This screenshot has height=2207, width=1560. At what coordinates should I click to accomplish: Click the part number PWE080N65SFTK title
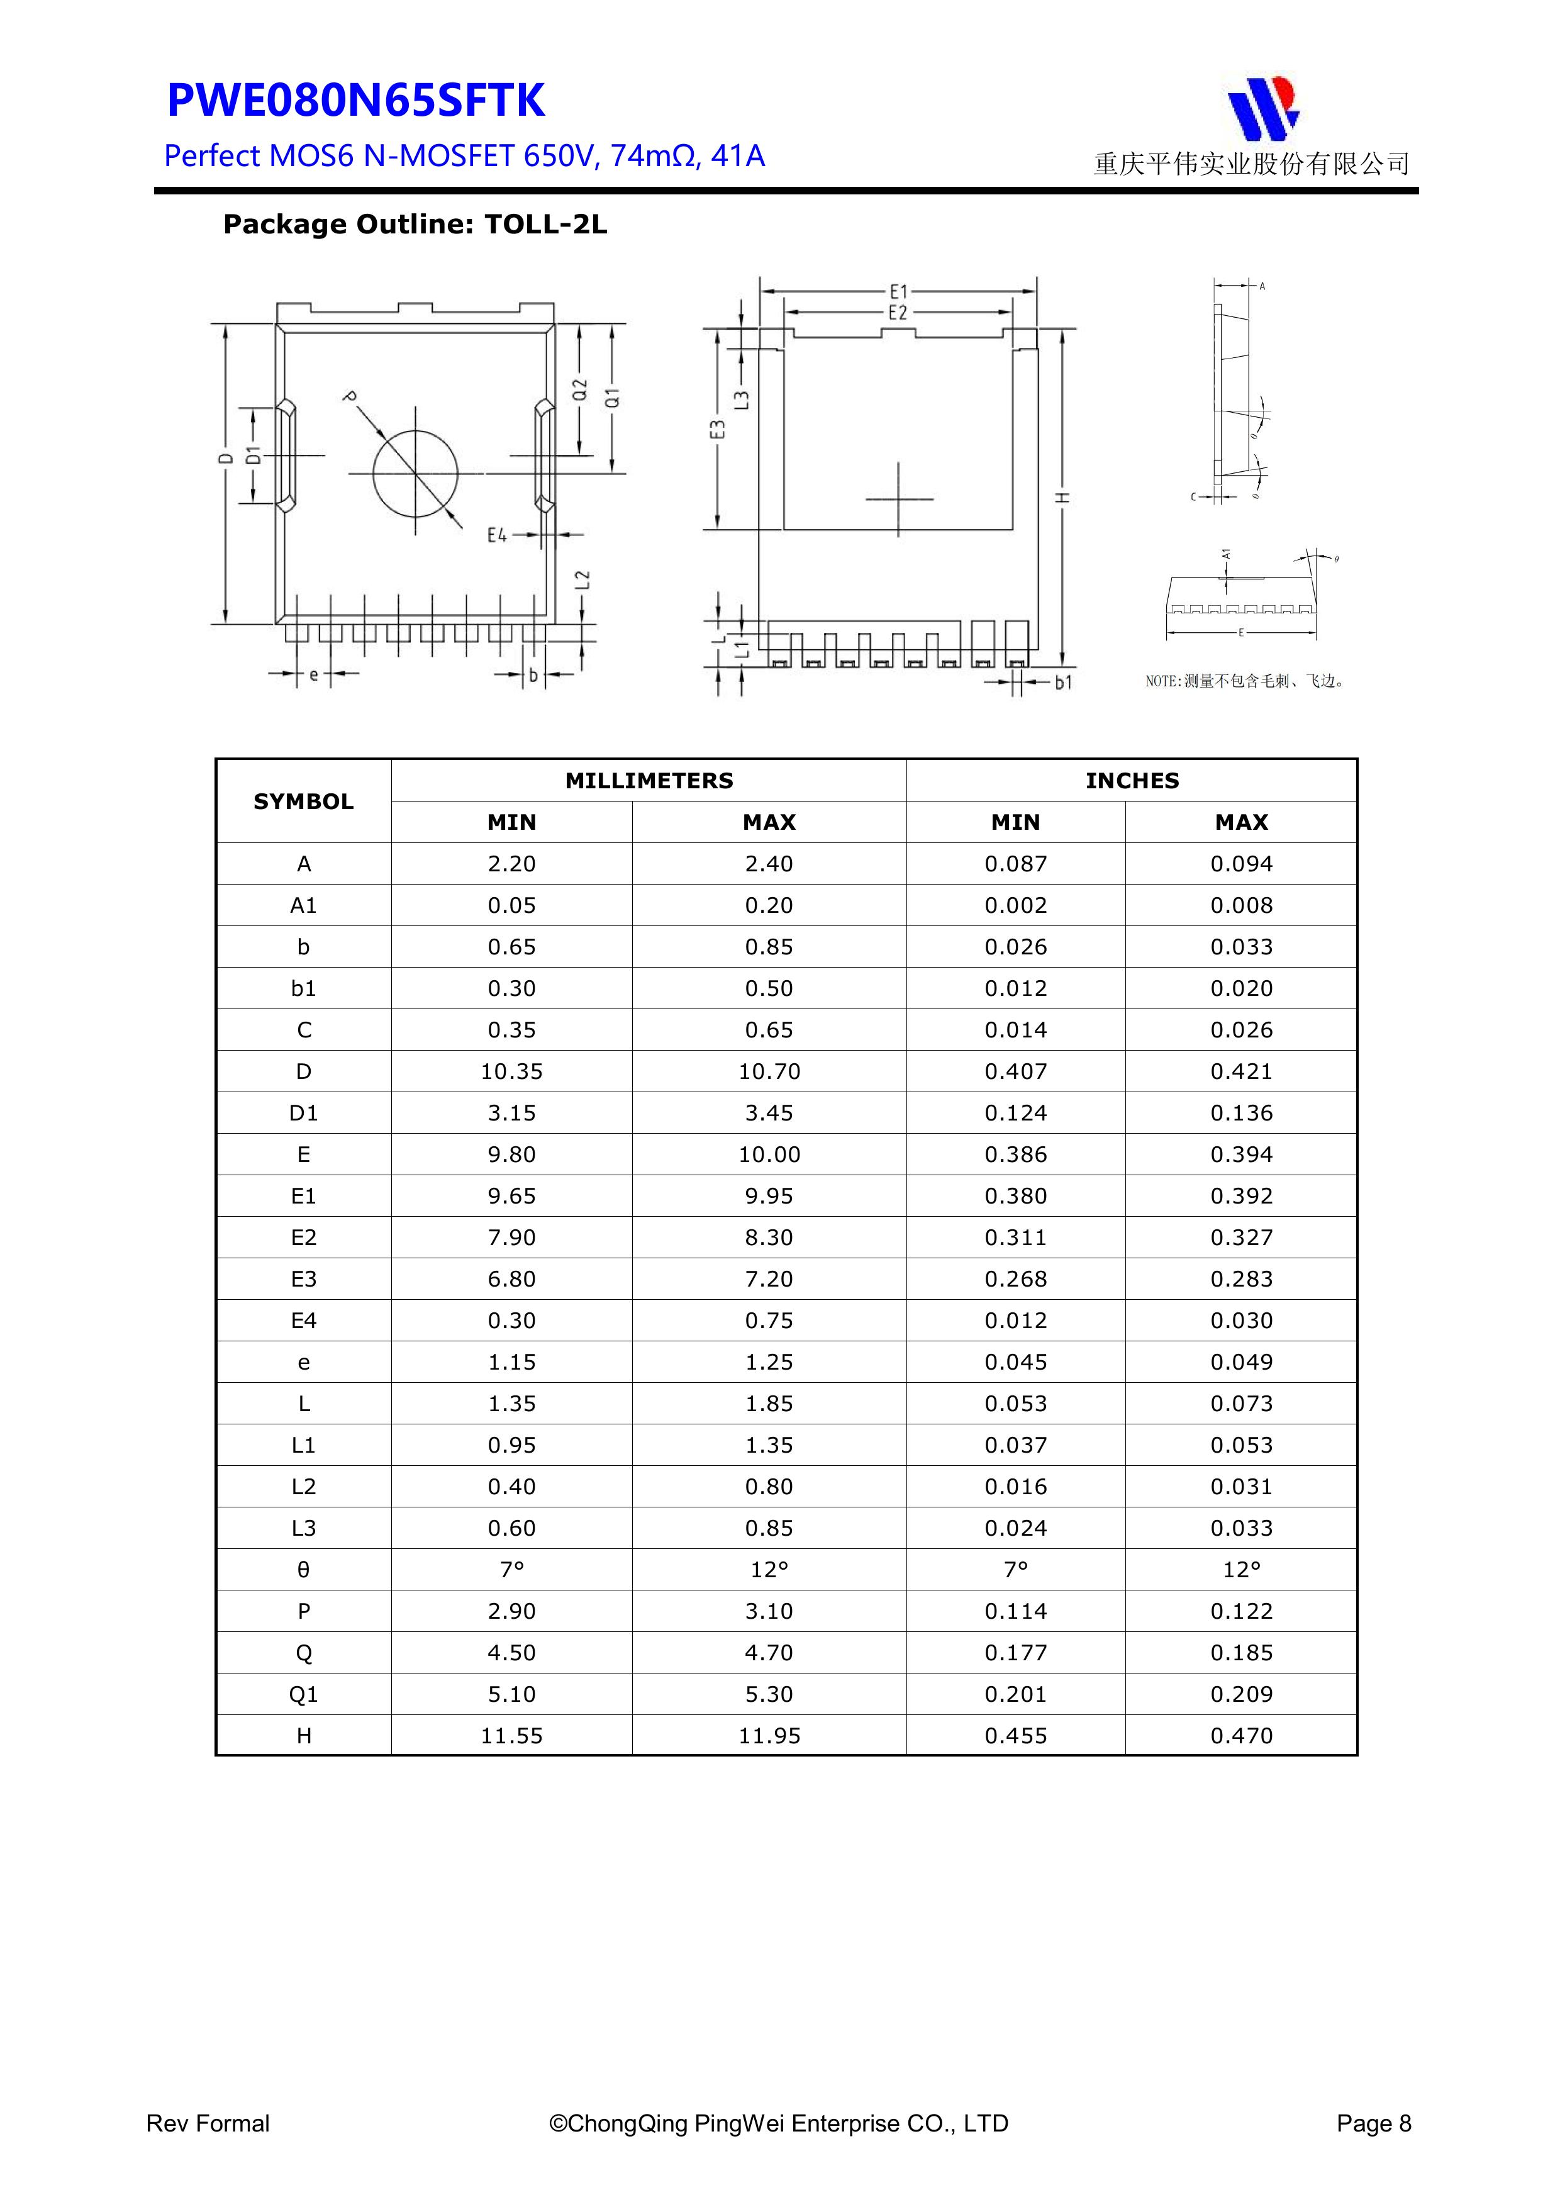tap(355, 101)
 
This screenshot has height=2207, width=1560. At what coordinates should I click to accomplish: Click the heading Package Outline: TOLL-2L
tap(415, 225)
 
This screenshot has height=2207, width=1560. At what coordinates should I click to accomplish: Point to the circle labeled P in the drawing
tap(415, 473)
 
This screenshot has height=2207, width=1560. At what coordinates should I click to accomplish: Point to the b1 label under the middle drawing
tap(1062, 683)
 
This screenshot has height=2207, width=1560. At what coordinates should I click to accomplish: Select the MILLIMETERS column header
tap(649, 781)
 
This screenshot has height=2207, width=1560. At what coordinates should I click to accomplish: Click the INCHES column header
tap(1131, 781)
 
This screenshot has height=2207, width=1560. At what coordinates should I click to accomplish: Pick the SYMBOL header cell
tap(304, 802)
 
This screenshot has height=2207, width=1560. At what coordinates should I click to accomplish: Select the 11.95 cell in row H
tap(769, 1736)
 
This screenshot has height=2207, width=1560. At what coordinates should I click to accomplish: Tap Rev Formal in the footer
tap(208, 2123)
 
